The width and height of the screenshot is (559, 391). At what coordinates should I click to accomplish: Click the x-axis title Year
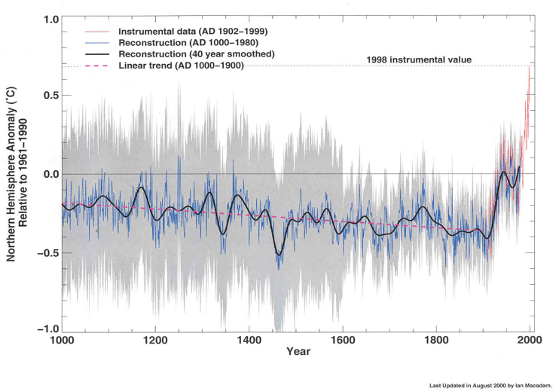click(297, 352)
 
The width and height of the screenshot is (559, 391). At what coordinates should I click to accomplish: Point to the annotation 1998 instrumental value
click(420, 59)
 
